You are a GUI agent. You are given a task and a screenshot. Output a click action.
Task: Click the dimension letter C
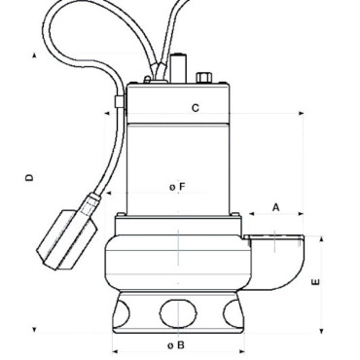coord(195,109)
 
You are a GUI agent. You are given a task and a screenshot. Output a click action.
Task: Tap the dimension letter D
coord(30,178)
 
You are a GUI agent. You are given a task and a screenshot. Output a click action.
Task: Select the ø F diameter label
coord(176,186)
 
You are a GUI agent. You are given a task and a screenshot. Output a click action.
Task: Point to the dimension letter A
coord(276,207)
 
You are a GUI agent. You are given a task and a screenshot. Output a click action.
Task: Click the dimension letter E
coord(313,283)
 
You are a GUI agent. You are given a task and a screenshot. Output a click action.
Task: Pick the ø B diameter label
coord(175,344)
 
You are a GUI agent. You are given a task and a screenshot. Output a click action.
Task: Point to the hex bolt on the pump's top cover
coord(204,78)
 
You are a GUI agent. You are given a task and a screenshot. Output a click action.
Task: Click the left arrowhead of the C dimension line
coord(106,113)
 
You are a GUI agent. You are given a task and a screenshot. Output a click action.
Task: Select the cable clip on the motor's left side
coord(118,100)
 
